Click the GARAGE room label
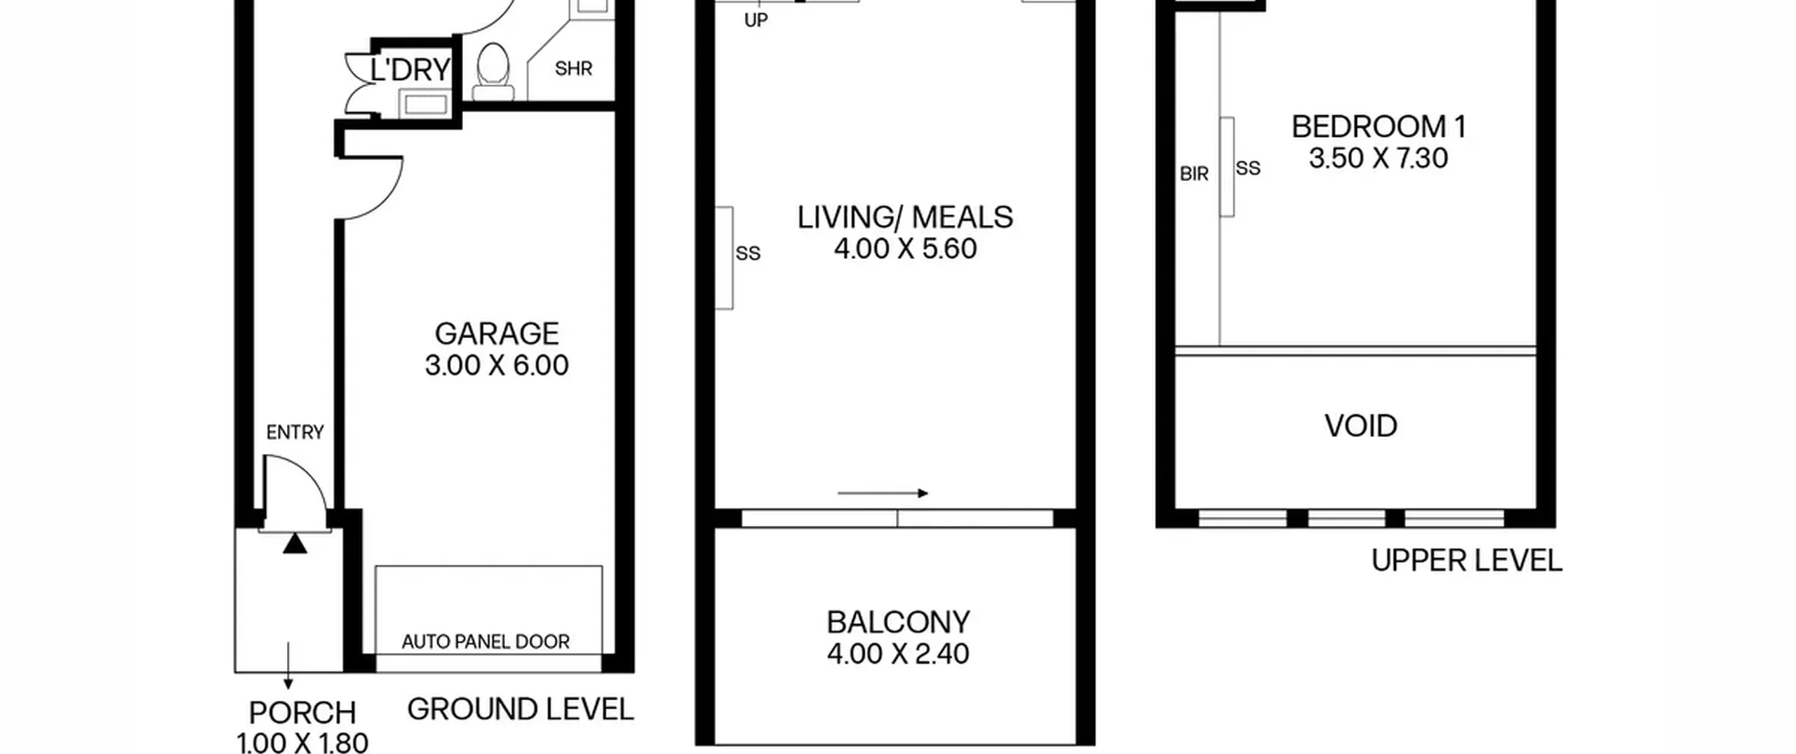click(x=497, y=334)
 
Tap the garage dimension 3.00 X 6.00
click(x=497, y=365)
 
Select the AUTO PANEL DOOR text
click(x=485, y=642)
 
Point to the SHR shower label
click(x=573, y=69)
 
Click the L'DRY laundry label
click(x=410, y=70)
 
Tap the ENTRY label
click(x=295, y=433)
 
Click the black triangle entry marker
click(x=295, y=544)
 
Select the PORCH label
click(x=303, y=713)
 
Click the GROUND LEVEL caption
click(x=521, y=710)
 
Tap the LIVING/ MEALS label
click(x=905, y=217)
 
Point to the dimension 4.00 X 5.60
click(x=905, y=249)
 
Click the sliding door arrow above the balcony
click(x=883, y=493)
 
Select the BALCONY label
click(x=898, y=622)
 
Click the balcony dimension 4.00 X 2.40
click(x=898, y=654)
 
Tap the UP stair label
click(x=756, y=21)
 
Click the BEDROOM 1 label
click(x=1379, y=127)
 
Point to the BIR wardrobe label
click(x=1194, y=174)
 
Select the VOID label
click(x=1361, y=426)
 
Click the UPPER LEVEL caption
click(x=1467, y=561)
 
